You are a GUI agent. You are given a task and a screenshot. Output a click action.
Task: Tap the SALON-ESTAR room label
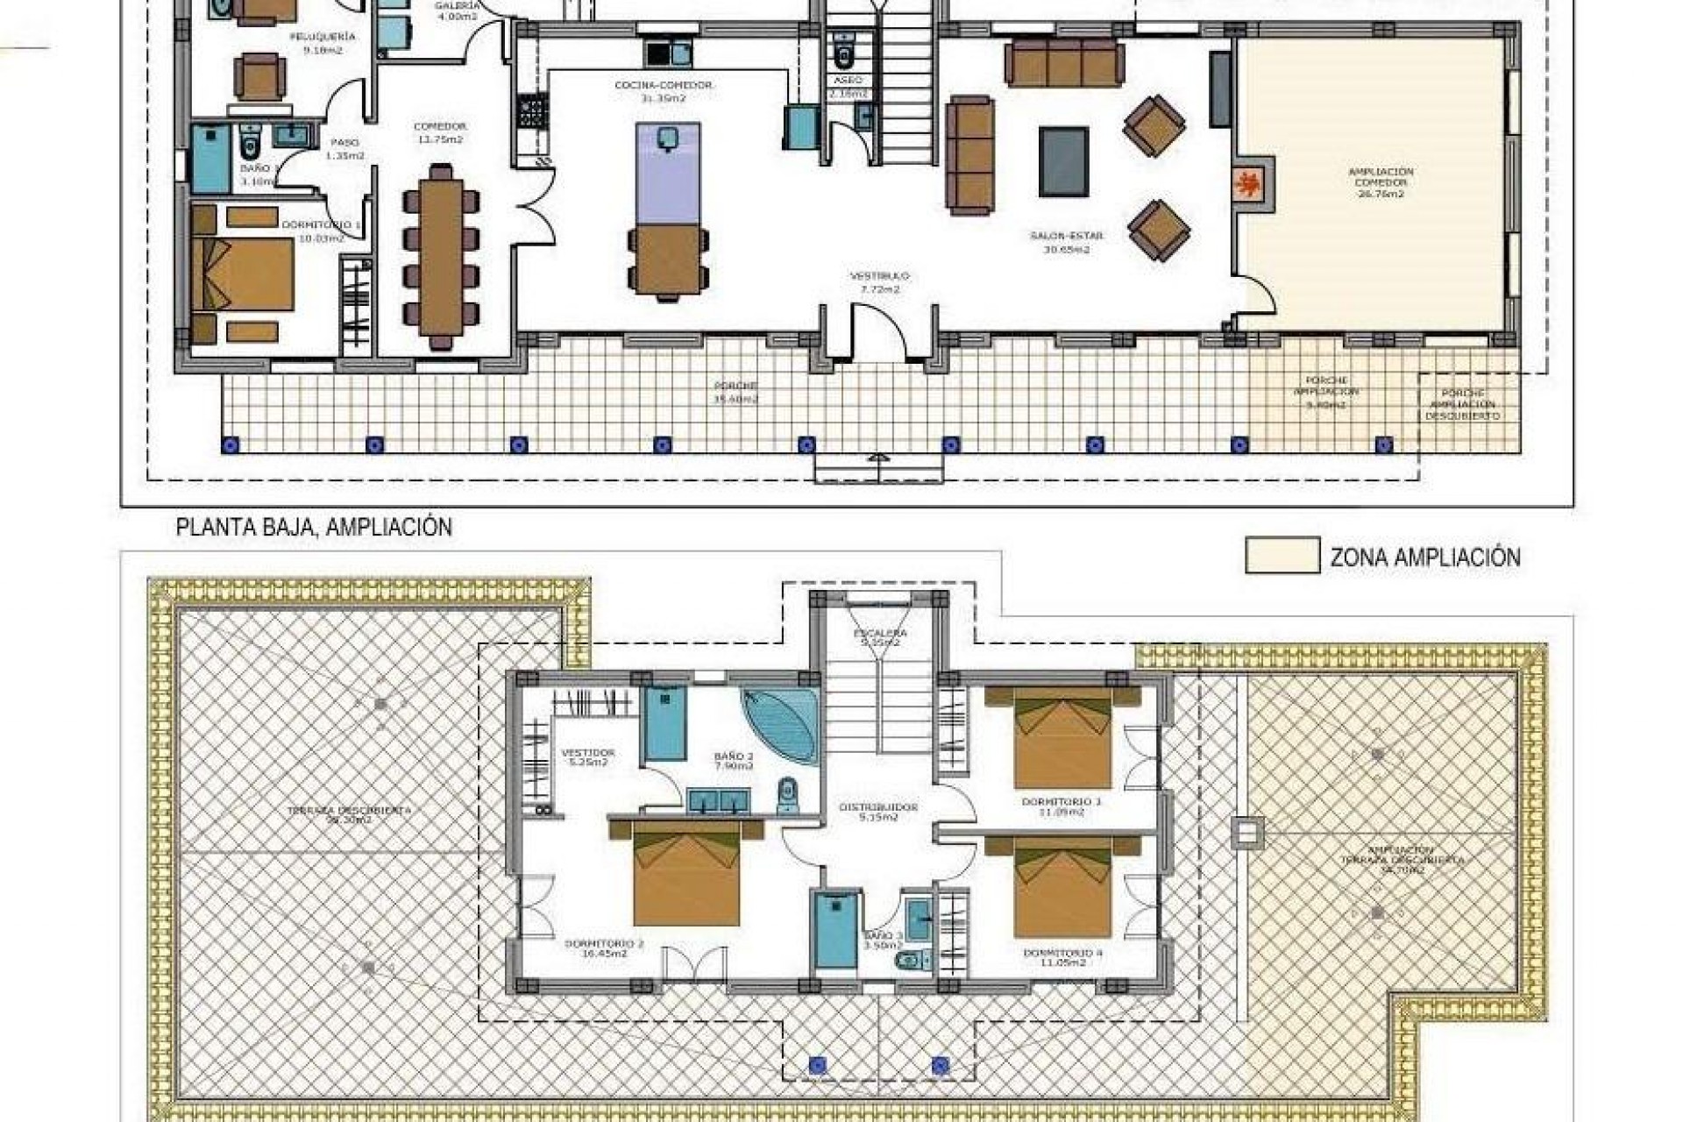(x=1066, y=242)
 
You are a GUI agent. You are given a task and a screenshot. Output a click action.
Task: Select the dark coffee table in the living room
(x=1063, y=161)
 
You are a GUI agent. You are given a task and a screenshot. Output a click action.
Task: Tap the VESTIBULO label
(x=879, y=281)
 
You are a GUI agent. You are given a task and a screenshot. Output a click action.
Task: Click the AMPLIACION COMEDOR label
(x=1381, y=182)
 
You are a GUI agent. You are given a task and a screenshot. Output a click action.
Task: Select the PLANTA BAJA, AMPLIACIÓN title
(x=314, y=528)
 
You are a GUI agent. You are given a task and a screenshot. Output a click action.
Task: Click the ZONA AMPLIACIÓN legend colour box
(x=1282, y=556)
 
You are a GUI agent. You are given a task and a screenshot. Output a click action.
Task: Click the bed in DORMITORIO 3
(x=1062, y=738)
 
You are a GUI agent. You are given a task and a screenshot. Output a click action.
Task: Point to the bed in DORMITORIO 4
(x=1062, y=887)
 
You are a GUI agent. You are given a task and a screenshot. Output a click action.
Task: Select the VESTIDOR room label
(x=587, y=756)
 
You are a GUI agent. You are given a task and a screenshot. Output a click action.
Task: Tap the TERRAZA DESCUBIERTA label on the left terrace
(x=349, y=815)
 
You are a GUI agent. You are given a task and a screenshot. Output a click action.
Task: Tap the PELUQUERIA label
(x=323, y=43)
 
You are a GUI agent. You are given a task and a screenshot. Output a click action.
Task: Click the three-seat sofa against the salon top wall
(x=1064, y=63)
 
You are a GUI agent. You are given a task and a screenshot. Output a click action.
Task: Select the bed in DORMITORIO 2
(x=686, y=873)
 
